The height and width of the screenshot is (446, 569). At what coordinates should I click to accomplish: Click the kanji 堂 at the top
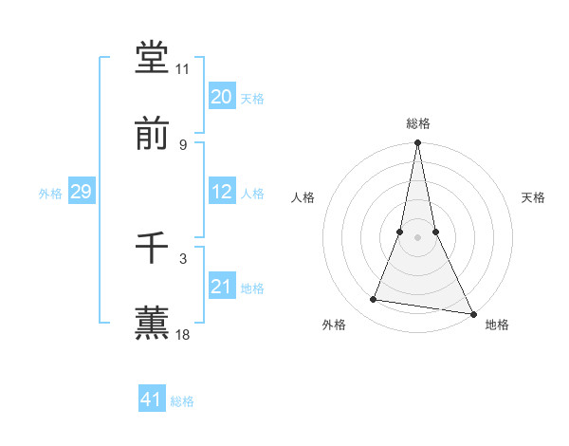153,58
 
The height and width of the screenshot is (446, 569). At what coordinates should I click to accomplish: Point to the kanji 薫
153,322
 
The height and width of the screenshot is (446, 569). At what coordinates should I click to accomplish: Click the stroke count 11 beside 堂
183,69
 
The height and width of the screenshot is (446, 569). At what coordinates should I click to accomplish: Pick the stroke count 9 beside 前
183,144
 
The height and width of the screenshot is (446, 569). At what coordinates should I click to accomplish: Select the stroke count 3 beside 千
183,258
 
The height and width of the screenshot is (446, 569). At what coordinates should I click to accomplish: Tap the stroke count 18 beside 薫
183,334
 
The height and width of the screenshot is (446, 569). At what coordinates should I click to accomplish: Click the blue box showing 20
222,97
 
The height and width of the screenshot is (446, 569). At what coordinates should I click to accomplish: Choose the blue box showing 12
222,192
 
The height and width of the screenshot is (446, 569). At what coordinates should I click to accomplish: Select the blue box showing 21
222,287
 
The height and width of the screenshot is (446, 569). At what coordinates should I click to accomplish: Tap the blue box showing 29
81,192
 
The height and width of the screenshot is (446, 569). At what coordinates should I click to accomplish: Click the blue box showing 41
152,400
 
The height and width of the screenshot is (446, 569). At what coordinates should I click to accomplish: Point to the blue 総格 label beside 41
182,401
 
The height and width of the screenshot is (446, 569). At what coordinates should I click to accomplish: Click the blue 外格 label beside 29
50,194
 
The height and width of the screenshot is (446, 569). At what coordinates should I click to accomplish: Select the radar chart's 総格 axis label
418,123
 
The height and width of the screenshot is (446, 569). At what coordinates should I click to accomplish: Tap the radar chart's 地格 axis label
497,325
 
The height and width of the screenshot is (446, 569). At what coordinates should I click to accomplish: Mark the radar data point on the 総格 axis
418,143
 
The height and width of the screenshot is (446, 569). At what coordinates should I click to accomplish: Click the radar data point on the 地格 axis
472,313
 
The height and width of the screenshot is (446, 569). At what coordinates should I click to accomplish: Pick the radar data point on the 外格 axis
374,300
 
